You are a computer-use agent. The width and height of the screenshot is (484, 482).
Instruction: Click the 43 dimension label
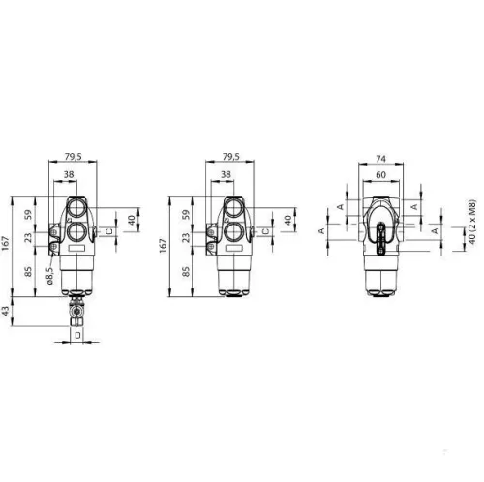[x=6, y=312]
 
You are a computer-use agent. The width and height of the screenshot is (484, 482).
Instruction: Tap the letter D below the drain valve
[x=77, y=336]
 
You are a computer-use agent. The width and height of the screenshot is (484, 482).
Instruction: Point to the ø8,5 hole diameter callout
[x=49, y=275]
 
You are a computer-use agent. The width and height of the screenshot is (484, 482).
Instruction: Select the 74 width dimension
[x=380, y=159]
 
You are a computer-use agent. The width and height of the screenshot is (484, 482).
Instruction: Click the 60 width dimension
[x=380, y=175]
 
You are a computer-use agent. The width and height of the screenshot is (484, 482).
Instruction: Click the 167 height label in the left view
[x=6, y=244]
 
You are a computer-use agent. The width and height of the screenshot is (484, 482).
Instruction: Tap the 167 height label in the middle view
[x=164, y=245]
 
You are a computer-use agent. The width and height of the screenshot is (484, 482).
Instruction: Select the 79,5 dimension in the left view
[x=74, y=157]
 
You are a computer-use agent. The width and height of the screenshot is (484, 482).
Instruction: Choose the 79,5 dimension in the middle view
[x=231, y=157]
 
